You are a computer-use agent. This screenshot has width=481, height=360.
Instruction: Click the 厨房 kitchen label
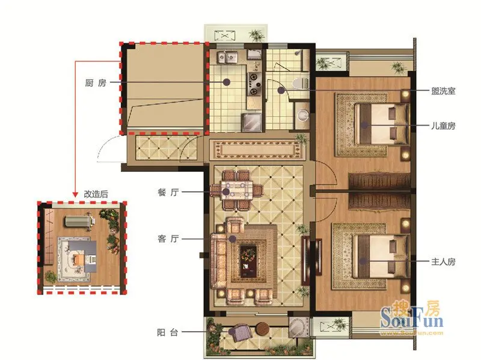tap(96, 83)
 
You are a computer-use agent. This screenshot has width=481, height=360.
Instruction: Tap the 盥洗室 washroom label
tap(443, 91)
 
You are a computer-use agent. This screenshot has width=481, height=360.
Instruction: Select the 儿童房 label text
tap(443, 126)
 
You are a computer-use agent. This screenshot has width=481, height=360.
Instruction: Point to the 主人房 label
tap(443, 261)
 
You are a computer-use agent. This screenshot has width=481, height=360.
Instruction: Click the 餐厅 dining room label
tap(168, 192)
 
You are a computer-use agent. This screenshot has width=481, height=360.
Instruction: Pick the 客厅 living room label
tap(168, 239)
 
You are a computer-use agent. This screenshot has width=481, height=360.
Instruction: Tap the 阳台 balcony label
tap(168, 332)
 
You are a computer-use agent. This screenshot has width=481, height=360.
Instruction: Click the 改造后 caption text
tap(96, 194)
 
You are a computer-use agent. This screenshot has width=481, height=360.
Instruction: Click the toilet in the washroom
tap(300, 83)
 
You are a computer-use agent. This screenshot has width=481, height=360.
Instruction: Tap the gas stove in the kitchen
tap(254, 84)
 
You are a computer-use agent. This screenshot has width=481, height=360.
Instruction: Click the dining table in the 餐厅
tap(236, 190)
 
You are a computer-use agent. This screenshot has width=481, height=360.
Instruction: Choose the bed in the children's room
tap(381, 124)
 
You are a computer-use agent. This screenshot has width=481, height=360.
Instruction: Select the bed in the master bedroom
tap(381, 257)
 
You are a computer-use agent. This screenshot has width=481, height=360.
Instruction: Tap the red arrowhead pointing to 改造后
tap(75, 194)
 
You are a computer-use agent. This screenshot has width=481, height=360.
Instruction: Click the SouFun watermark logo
tap(412, 318)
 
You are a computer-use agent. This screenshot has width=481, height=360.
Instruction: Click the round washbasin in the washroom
tap(303, 115)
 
